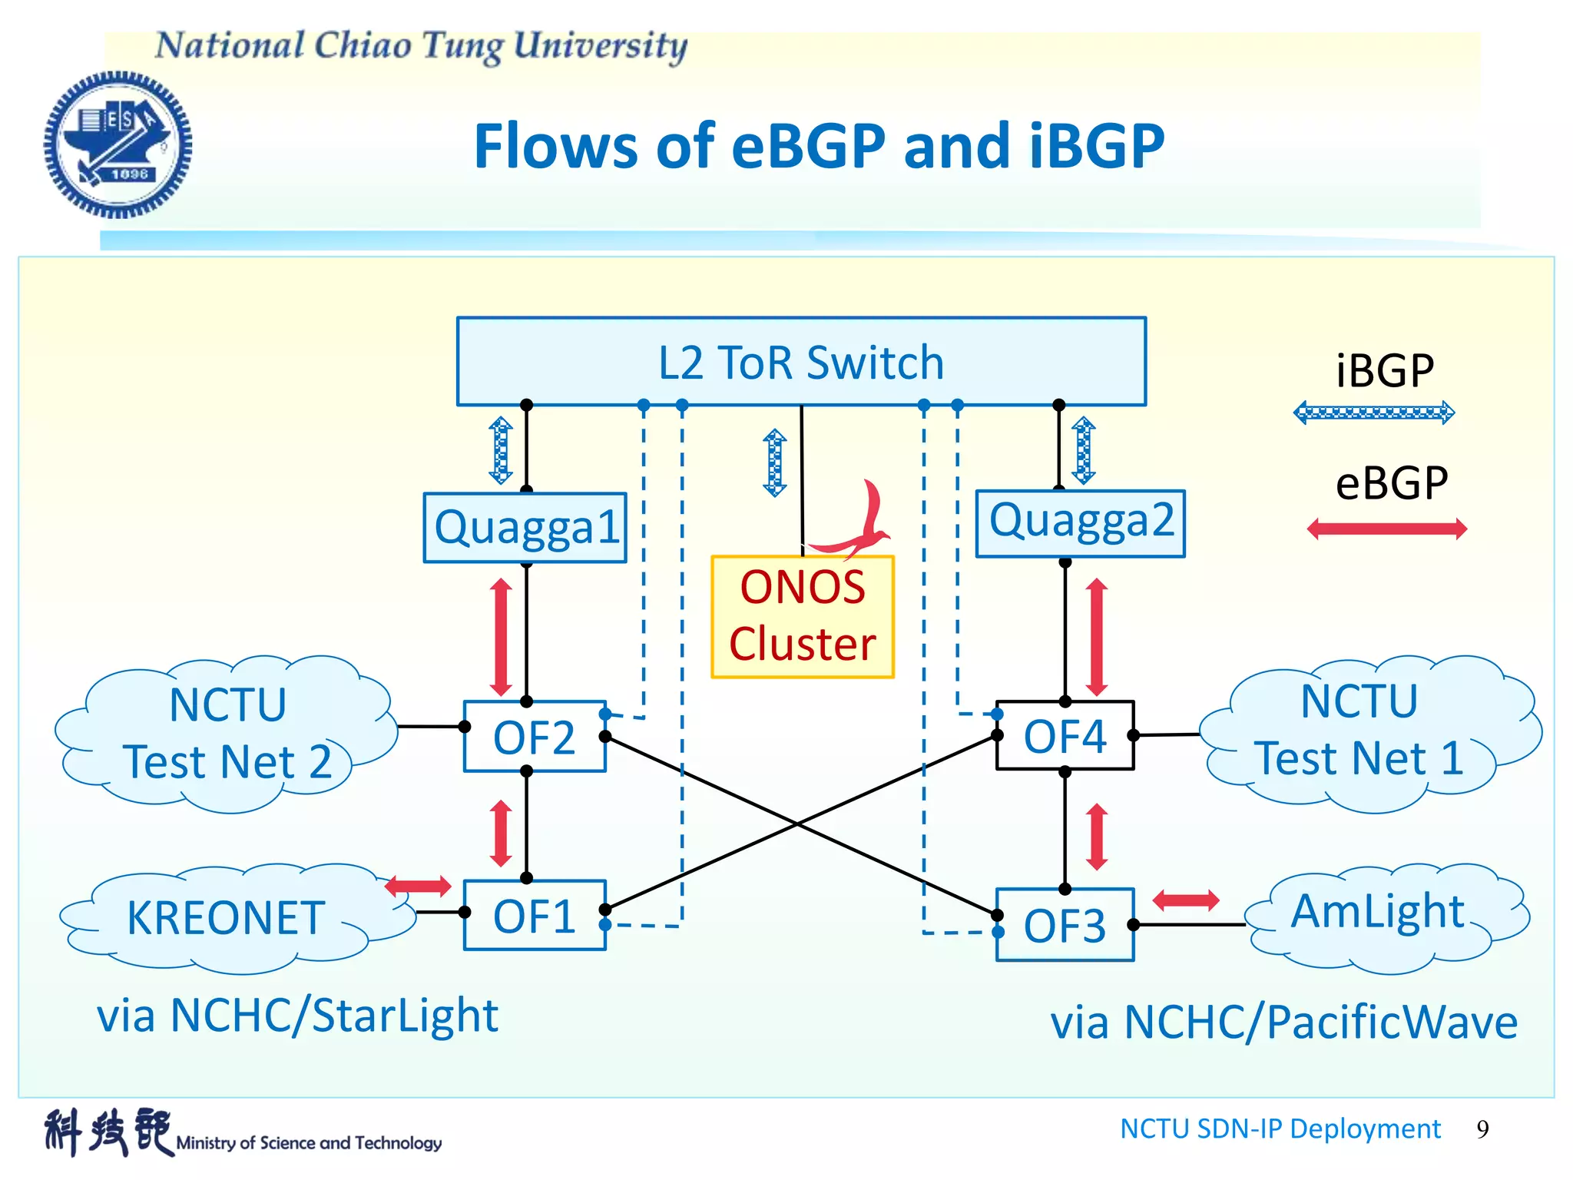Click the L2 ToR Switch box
[x=801, y=362]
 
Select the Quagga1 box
[x=525, y=528]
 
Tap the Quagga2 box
[x=1080, y=523]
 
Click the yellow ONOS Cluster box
[x=803, y=617]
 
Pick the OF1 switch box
[x=535, y=916]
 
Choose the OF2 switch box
[x=535, y=737]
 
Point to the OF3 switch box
[x=1065, y=925]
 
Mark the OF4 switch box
[x=1065, y=735]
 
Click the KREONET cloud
[x=226, y=919]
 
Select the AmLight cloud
[x=1378, y=914]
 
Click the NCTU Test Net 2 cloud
[x=227, y=734]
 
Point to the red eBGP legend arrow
[x=1387, y=529]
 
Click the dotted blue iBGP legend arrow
[x=1373, y=413]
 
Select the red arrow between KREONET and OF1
[x=418, y=886]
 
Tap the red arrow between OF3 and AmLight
[x=1186, y=900]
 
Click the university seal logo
[x=118, y=144]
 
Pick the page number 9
[x=1482, y=1129]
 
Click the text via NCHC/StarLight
[x=297, y=1016]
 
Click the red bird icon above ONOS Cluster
[x=859, y=522]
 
